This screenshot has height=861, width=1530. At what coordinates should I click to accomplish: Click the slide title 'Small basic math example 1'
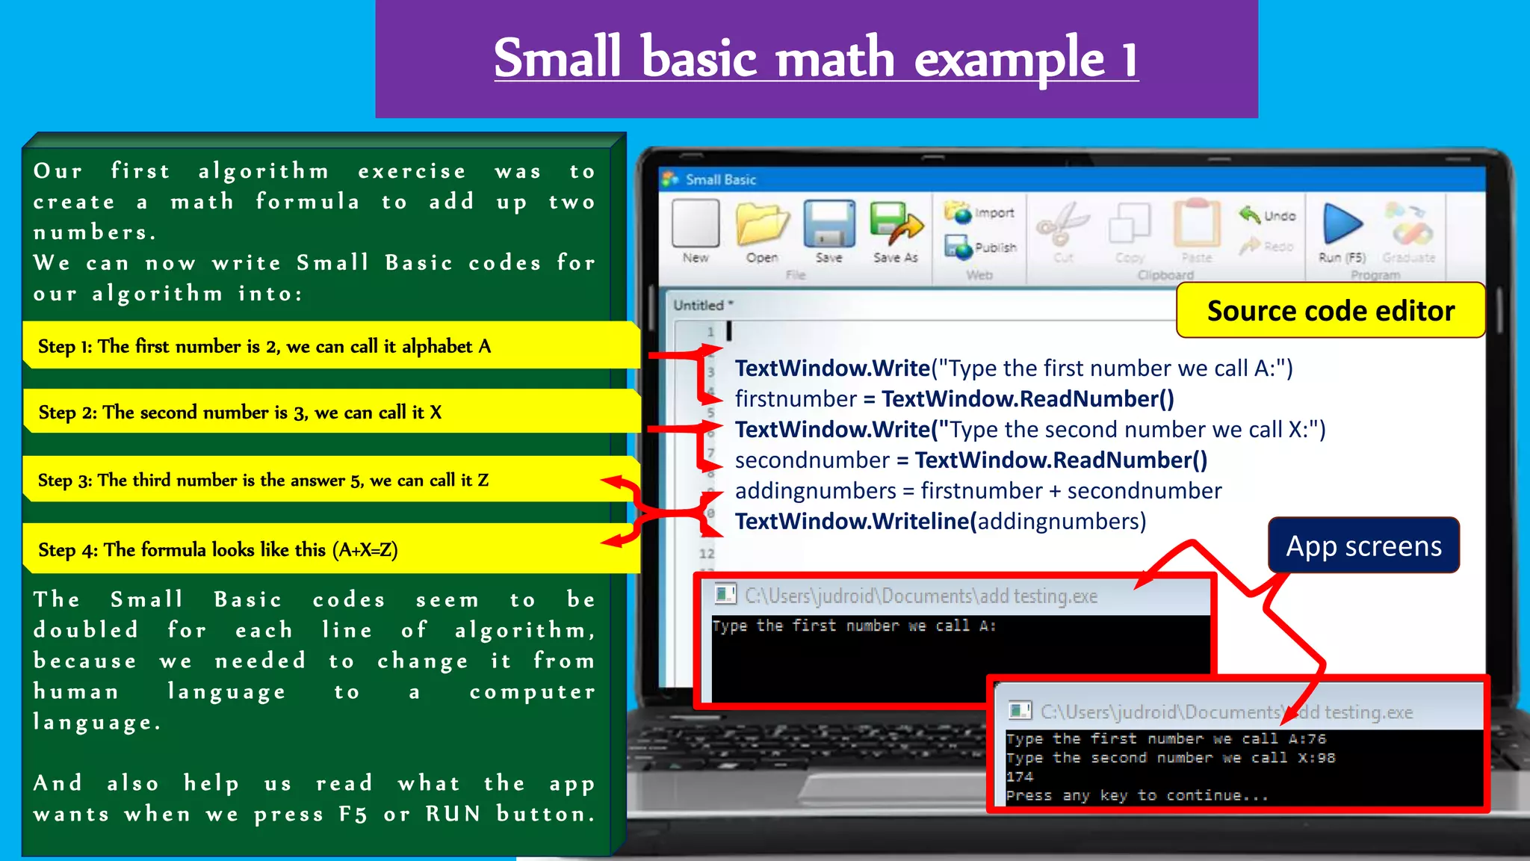click(x=816, y=58)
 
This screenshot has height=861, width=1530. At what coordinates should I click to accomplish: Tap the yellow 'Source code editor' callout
click(x=1331, y=310)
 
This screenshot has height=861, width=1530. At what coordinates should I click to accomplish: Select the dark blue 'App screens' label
click(x=1363, y=546)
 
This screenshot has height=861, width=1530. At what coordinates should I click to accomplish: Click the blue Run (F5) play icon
click(x=1342, y=224)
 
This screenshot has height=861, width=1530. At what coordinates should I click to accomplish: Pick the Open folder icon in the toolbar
click(x=762, y=224)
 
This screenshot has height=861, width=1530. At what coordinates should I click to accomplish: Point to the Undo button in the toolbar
click(x=1269, y=216)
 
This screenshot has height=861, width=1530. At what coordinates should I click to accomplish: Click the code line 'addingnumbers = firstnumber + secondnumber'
click(x=978, y=491)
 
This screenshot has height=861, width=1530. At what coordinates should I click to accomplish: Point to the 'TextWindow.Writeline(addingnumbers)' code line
click(x=940, y=522)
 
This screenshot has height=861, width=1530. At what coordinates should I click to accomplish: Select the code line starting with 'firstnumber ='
click(x=954, y=399)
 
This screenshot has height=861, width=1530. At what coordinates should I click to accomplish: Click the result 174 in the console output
click(x=1020, y=777)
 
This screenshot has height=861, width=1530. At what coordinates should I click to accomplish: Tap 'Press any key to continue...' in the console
click(x=1136, y=796)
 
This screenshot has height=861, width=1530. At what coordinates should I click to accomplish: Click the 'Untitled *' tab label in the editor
click(x=703, y=305)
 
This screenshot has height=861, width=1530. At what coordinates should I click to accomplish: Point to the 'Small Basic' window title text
click(x=720, y=179)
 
